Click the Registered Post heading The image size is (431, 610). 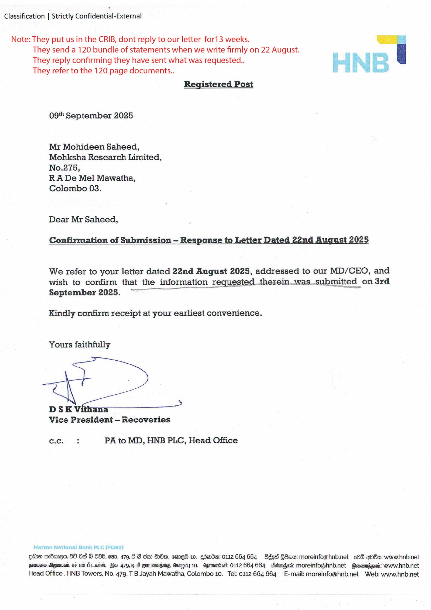click(218, 84)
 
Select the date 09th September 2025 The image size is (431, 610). click(91, 116)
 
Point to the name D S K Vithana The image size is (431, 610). click(78, 409)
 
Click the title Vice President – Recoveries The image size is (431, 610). click(109, 420)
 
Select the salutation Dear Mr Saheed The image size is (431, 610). click(84, 219)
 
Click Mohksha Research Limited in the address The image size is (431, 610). click(105, 157)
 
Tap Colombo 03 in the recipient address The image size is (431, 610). click(75, 188)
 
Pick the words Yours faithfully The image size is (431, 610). click(79, 344)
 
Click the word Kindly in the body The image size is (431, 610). click(62, 313)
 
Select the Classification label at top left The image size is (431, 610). click(24, 16)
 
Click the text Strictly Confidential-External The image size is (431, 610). click(96, 16)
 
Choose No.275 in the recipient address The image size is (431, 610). click(64, 168)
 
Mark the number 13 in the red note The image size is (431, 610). click(219, 39)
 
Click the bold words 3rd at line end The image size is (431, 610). click(382, 281)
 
